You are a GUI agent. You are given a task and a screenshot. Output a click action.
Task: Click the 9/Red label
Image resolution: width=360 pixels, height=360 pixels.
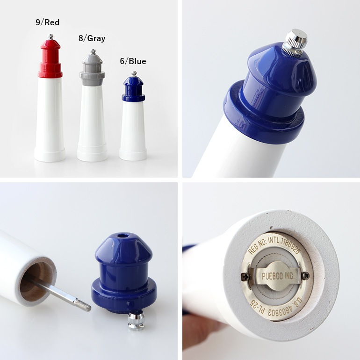click(47, 22)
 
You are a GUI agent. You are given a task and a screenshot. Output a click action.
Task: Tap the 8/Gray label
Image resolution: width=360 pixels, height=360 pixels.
click(92, 38)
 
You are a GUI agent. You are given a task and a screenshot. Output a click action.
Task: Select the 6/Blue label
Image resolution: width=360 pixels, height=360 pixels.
click(132, 61)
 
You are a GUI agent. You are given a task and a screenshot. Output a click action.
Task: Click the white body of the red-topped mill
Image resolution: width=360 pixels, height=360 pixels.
click(50, 117)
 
